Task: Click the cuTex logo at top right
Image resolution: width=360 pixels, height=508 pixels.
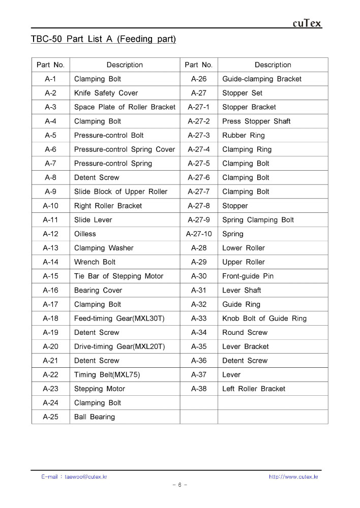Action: [307, 23]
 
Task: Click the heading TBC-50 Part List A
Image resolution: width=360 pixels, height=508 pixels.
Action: [103, 39]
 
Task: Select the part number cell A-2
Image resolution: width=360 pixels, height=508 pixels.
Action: [50, 93]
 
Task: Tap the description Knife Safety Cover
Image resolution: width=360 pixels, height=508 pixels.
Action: [106, 93]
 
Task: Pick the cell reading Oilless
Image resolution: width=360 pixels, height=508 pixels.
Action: [85, 234]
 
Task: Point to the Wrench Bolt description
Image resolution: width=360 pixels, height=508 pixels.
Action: [95, 262]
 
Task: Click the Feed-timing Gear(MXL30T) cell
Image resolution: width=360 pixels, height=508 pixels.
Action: [119, 319]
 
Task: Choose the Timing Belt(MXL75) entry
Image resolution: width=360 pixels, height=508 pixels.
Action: [107, 375]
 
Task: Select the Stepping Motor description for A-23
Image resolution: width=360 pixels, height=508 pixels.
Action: [100, 389]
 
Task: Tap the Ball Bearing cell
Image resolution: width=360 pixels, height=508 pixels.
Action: [95, 417]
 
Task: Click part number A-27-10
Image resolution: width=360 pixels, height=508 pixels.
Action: [199, 234]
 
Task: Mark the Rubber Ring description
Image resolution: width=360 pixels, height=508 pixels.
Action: [244, 136]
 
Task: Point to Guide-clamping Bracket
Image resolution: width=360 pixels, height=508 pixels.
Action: [262, 79]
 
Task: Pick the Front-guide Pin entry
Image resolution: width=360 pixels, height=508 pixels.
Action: [248, 276]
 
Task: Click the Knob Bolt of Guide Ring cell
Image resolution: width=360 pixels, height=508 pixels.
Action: [264, 319]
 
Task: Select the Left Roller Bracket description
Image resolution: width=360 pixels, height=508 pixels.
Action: [254, 389]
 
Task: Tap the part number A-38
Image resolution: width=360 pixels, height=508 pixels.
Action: [199, 389]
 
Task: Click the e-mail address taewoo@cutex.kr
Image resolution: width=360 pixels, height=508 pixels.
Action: [86, 477]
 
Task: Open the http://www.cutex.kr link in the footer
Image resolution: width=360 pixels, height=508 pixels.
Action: [293, 477]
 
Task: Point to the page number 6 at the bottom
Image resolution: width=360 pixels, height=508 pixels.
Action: [180, 485]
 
